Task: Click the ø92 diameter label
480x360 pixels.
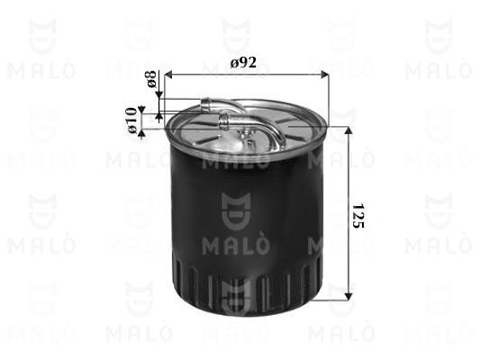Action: coord(243,63)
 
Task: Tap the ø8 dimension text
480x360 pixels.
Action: coord(151,79)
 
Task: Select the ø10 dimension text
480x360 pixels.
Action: coord(131,121)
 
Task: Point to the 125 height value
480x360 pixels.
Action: coord(358,215)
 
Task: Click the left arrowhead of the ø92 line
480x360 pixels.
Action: coord(168,75)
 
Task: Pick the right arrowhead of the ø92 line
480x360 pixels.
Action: coord(324,75)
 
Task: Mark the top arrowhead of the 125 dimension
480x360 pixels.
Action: coord(349,130)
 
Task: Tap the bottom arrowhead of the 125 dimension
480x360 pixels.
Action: coord(349,296)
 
